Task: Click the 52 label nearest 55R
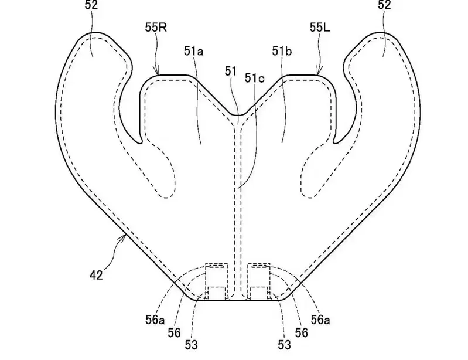click(x=91, y=5)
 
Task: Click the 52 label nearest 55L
click(x=384, y=5)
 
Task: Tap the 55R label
click(x=156, y=28)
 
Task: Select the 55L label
click(x=320, y=28)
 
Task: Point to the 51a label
click(x=193, y=52)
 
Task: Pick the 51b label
click(x=282, y=52)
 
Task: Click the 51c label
click(x=255, y=78)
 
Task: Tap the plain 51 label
click(x=231, y=71)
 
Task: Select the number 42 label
click(x=96, y=275)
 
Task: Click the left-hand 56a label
click(x=155, y=320)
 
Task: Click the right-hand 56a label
click(x=320, y=320)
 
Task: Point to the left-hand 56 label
click(x=174, y=332)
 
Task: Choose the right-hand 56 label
click(x=301, y=332)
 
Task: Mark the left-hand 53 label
click(x=191, y=345)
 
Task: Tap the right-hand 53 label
click(x=284, y=345)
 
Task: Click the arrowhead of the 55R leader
click(x=158, y=72)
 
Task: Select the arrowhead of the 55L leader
click(x=319, y=72)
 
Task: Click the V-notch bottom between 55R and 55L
click(x=238, y=114)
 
